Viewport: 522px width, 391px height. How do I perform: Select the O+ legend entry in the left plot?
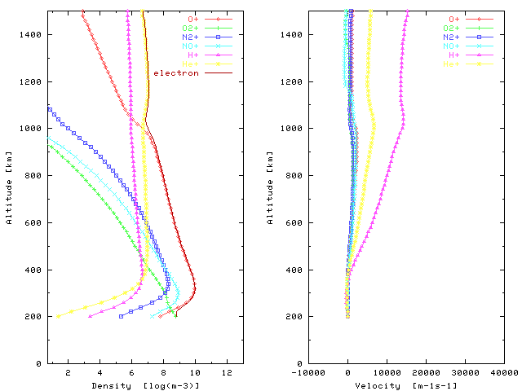[x=192, y=18]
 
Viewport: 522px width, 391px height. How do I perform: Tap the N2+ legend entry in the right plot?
[x=455, y=37]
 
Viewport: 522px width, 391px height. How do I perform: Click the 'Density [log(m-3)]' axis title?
[x=145, y=385]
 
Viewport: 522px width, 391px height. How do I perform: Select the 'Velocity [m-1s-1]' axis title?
[x=407, y=385]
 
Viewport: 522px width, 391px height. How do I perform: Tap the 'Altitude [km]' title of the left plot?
[x=8, y=187]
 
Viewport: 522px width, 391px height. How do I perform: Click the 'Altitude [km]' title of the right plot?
[x=271, y=187]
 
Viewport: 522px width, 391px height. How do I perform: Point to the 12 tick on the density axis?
[x=226, y=373]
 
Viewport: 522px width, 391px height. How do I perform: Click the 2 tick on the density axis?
[x=68, y=373]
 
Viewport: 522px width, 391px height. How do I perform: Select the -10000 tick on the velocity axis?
[x=309, y=373]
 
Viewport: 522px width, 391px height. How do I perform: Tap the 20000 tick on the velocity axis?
[x=426, y=373]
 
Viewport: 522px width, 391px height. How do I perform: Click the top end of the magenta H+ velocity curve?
[x=408, y=11]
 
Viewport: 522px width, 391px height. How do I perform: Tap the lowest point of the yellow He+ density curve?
[x=56, y=316]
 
